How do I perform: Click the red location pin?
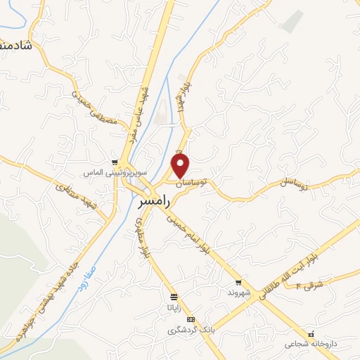[x=181, y=166]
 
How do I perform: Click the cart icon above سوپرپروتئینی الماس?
[x=114, y=162]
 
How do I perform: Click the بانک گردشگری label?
[x=184, y=330]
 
